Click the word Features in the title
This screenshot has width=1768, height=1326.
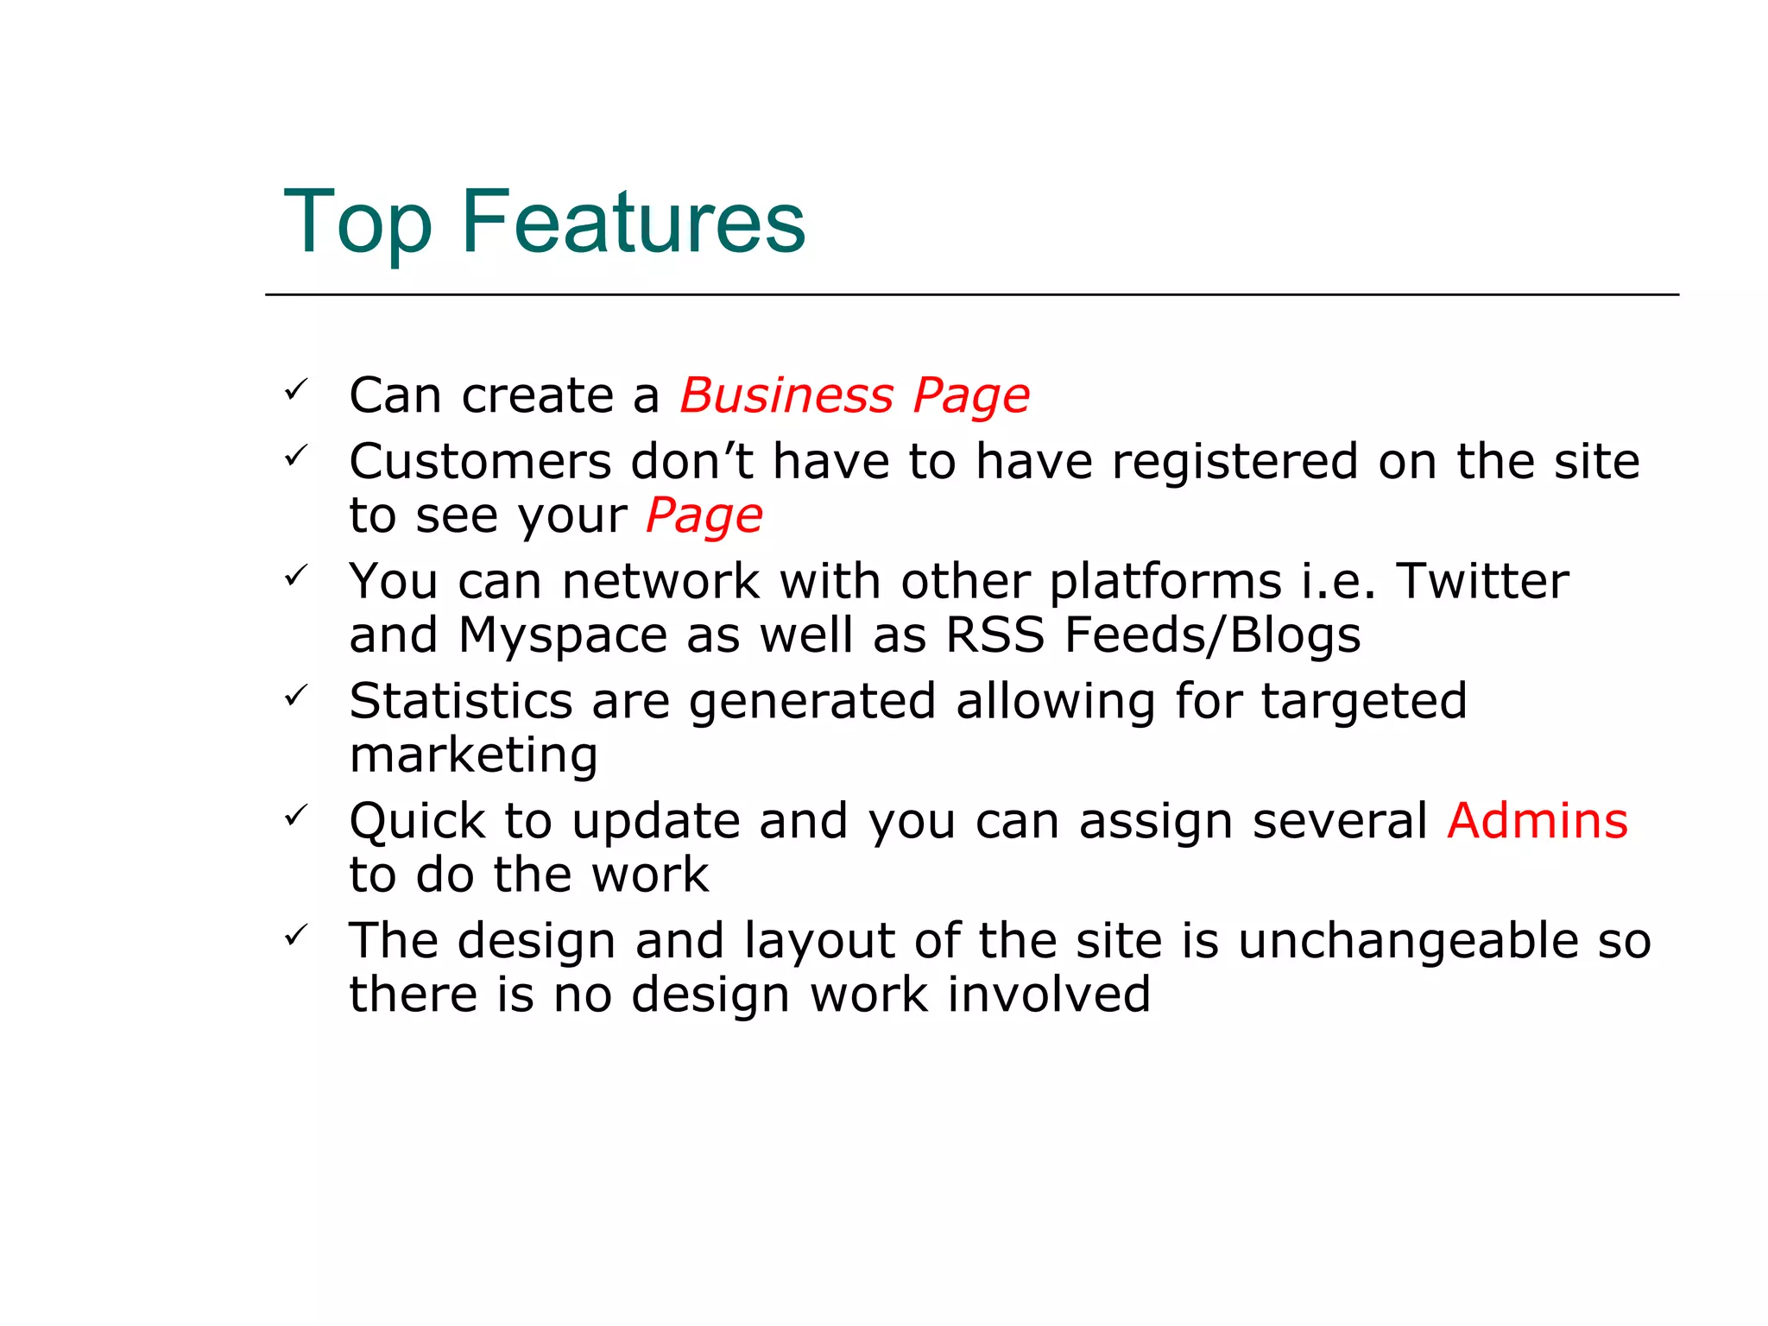(633, 222)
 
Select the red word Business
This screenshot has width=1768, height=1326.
(786, 395)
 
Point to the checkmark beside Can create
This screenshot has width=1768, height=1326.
(296, 390)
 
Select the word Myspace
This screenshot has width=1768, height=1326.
(563, 636)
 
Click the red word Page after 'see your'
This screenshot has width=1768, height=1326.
(704, 516)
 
